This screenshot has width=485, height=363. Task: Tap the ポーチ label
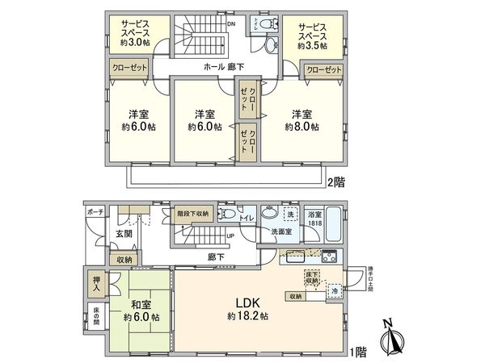[x=95, y=212]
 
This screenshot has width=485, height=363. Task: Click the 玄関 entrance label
[x=123, y=233]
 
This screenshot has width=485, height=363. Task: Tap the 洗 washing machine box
[x=289, y=215]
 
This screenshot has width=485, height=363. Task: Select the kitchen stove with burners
[x=330, y=257]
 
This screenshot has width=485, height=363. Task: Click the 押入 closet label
[x=95, y=282]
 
